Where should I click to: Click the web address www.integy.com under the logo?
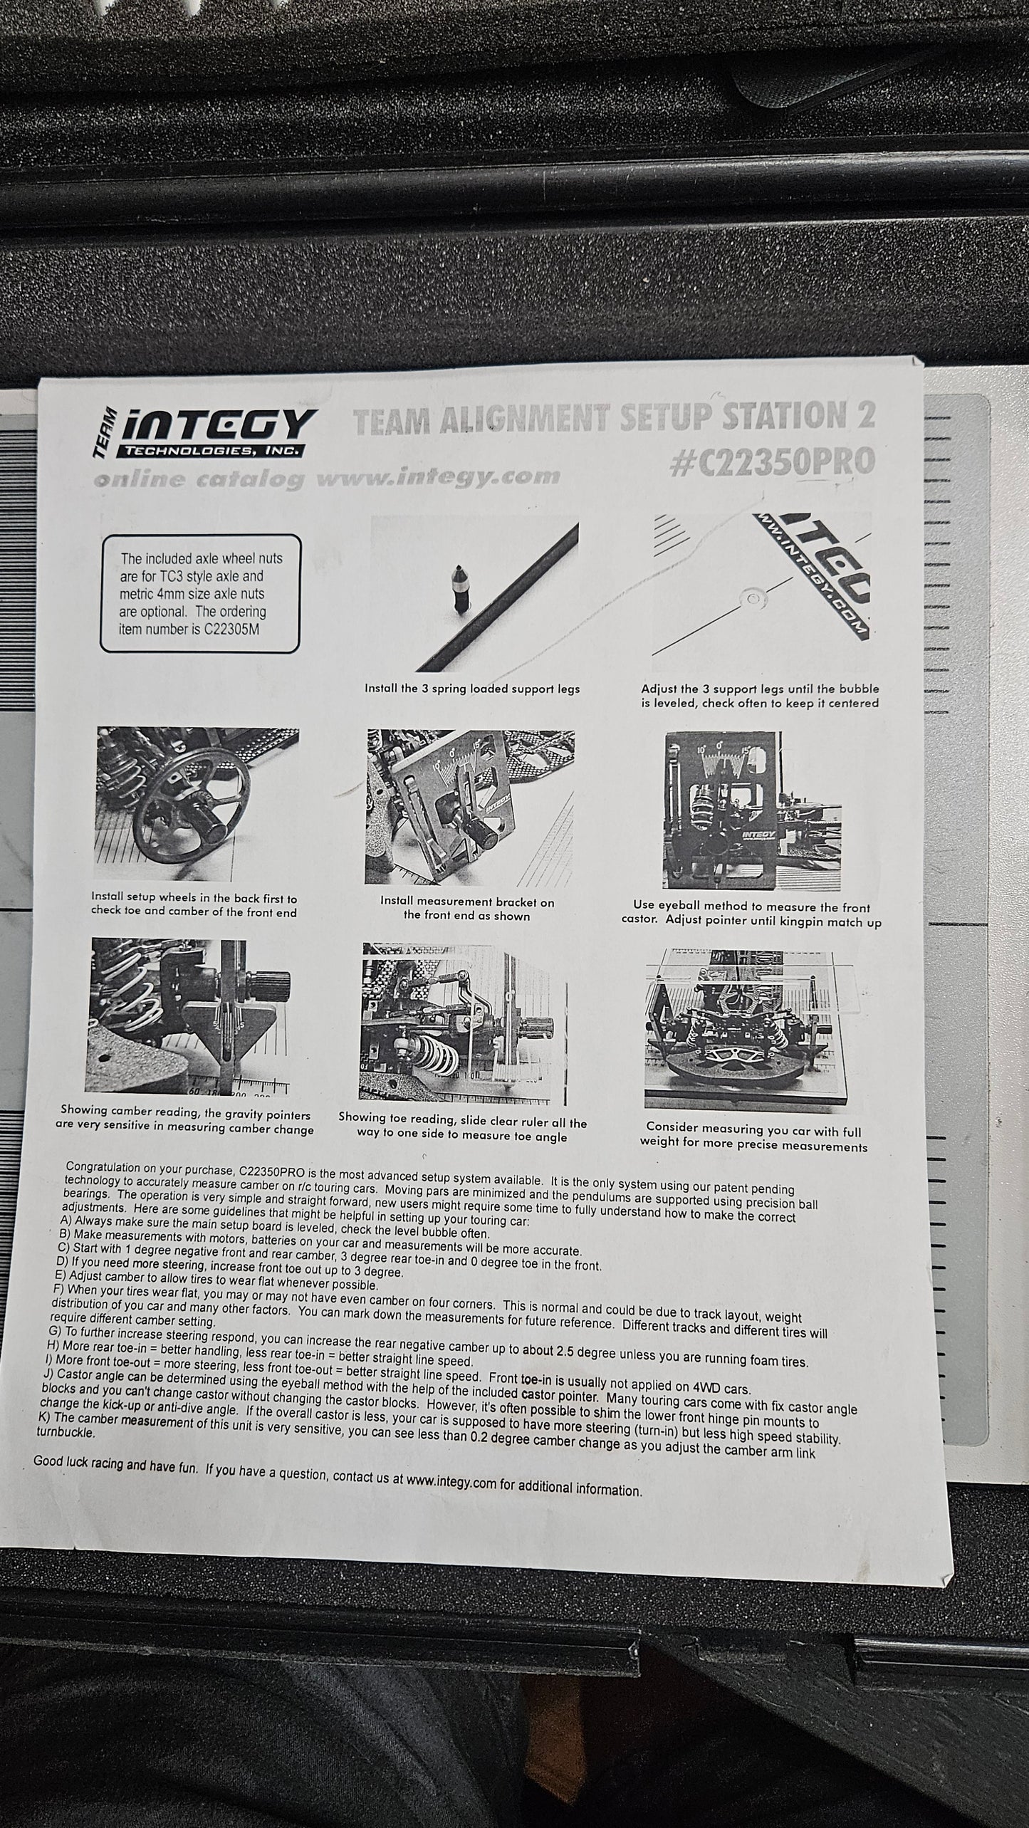[438, 476]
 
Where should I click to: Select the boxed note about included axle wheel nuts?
[199, 593]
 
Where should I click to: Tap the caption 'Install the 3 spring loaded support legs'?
[472, 689]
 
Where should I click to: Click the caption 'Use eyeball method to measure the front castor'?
[752, 914]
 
